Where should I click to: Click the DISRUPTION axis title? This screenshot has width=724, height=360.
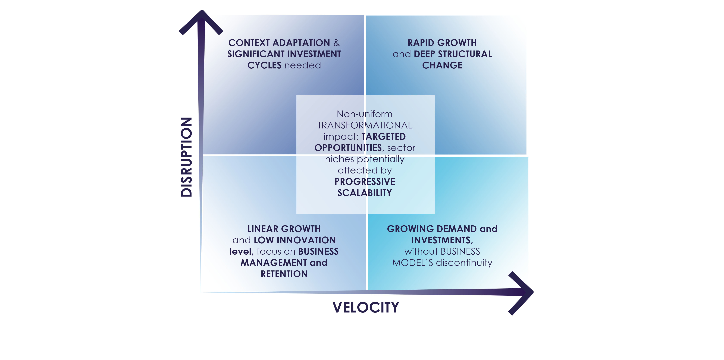point(186,157)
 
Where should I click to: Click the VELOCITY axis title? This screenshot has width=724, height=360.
point(366,307)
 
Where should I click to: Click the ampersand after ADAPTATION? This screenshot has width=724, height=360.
point(336,43)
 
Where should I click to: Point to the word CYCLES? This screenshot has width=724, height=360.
point(264,65)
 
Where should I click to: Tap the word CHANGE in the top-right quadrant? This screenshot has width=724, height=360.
point(442,65)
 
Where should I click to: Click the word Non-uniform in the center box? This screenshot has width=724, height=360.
point(365,114)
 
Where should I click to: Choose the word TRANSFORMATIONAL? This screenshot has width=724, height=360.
point(365,125)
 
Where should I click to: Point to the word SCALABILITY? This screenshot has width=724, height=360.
point(365,193)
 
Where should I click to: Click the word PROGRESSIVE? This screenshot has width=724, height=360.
point(365,182)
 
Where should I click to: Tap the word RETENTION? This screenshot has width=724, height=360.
point(284,274)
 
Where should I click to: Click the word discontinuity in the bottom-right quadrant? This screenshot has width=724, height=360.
point(464,263)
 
